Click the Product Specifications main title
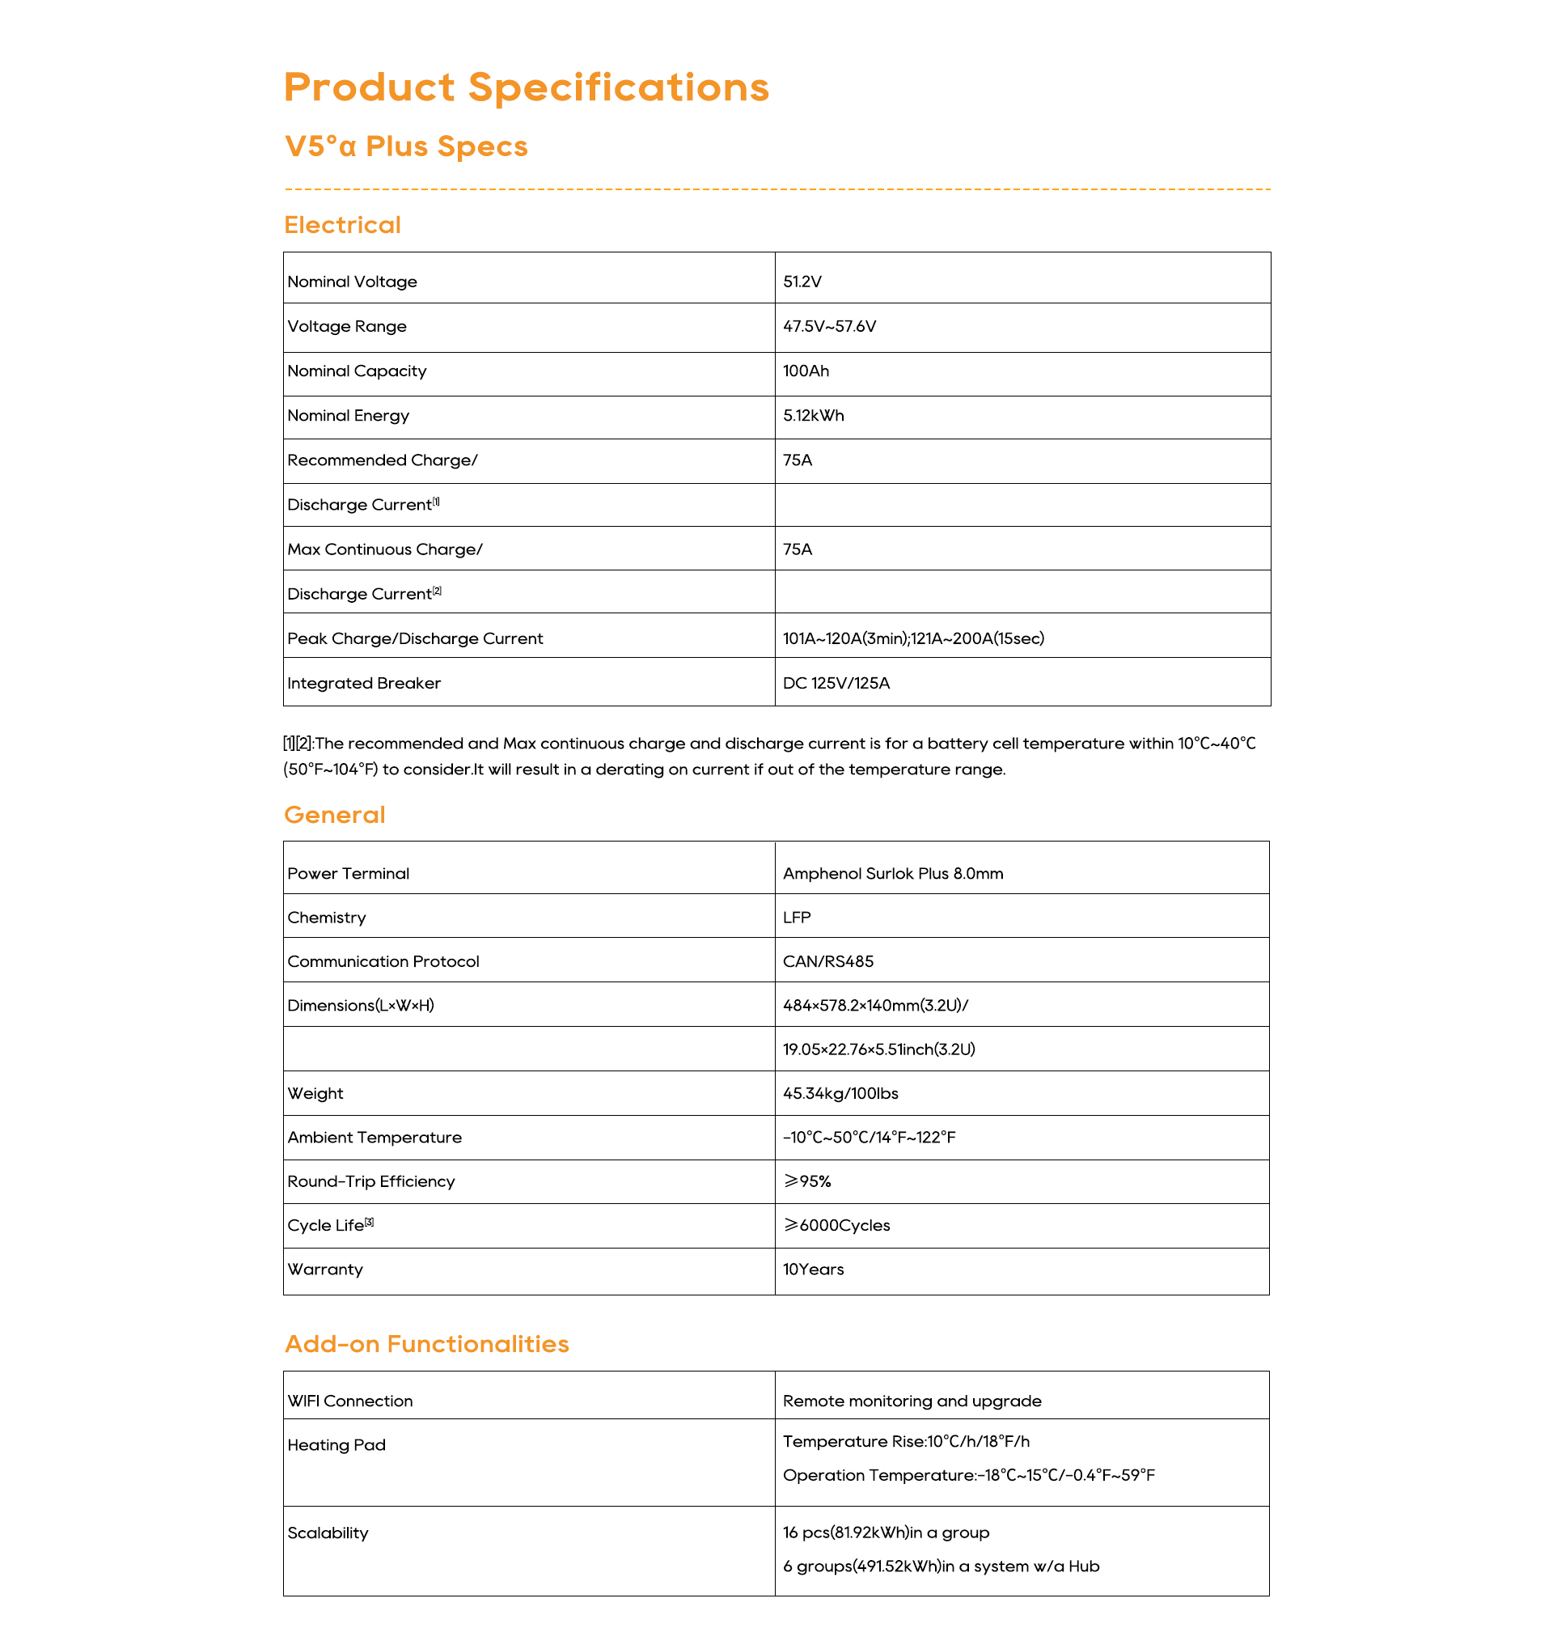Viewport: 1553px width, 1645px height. point(526,88)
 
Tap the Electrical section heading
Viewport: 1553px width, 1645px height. point(342,225)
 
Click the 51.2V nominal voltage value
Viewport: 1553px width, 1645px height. point(802,282)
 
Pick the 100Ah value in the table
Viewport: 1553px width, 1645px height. point(806,371)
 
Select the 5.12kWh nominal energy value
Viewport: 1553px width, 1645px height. point(813,416)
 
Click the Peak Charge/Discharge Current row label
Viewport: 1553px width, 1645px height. point(415,638)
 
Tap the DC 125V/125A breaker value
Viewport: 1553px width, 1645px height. point(836,684)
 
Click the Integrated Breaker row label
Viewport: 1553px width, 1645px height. point(363,684)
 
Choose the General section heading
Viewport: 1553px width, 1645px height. point(334,815)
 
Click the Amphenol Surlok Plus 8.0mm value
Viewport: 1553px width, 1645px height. point(892,874)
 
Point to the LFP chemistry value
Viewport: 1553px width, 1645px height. point(797,918)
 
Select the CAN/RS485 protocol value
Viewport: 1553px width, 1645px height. point(827,961)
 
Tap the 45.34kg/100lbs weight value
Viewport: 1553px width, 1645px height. point(840,1093)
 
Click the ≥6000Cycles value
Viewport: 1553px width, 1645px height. point(836,1226)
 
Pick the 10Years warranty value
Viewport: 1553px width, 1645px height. point(813,1270)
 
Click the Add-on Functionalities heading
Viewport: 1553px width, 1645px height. point(426,1344)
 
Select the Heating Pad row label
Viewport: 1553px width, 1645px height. point(336,1445)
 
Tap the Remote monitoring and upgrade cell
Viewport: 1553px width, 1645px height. point(912,1401)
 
